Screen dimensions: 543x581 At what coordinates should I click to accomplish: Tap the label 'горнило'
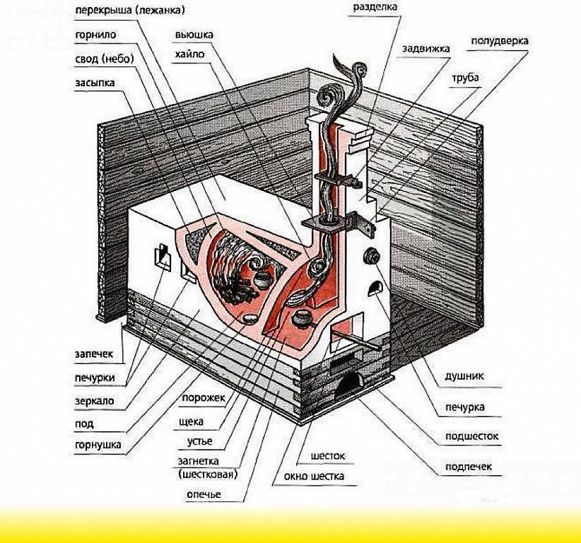[96, 34]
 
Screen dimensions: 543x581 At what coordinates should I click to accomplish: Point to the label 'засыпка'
[95, 83]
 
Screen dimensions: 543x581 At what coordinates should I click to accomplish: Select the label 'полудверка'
[499, 41]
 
